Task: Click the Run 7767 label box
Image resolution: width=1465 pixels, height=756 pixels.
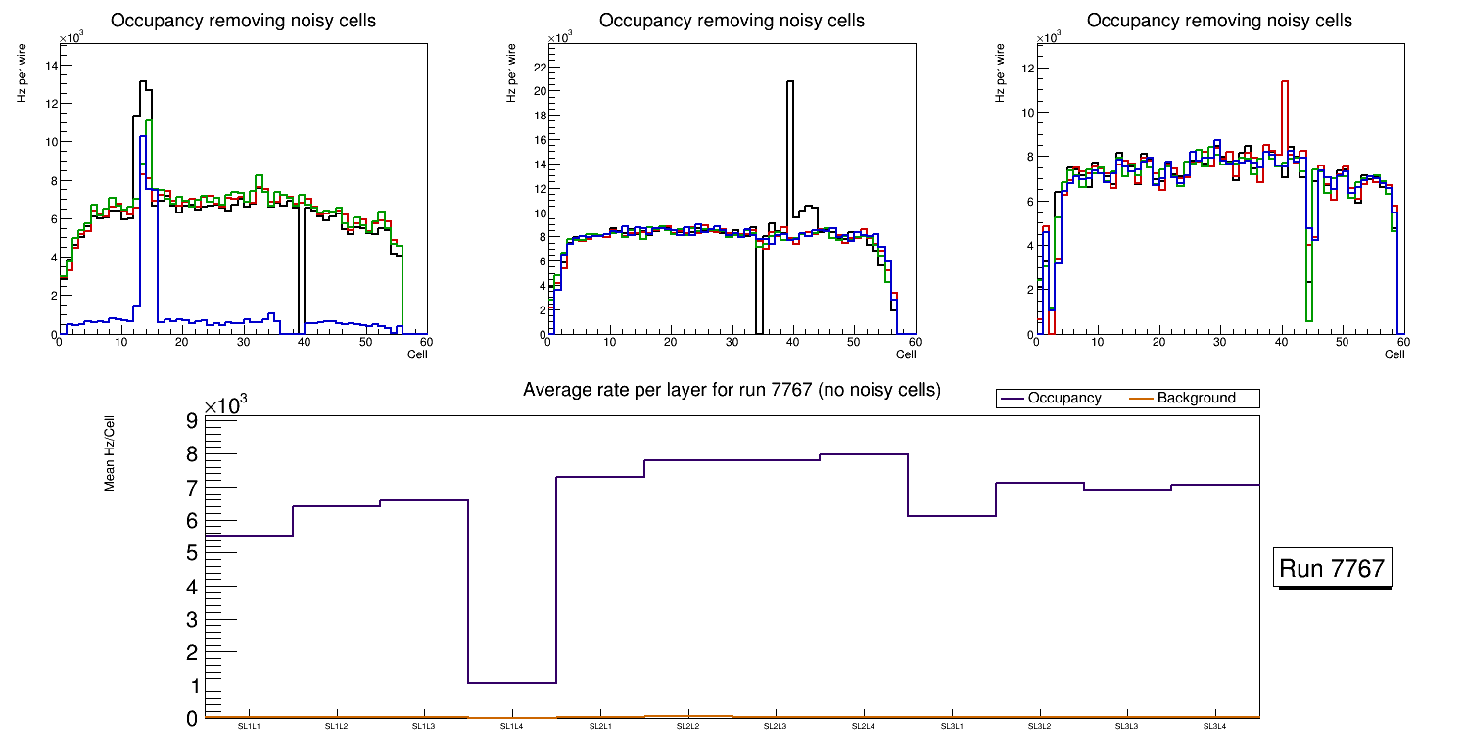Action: [1334, 569]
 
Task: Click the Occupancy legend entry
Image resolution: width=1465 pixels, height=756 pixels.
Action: [1063, 399]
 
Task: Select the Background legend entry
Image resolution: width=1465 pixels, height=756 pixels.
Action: [1196, 399]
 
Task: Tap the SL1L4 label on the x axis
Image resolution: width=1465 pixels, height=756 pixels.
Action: [512, 727]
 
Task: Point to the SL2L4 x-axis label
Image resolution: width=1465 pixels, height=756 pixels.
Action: [863, 727]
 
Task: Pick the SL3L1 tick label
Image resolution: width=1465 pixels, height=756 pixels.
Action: [951, 727]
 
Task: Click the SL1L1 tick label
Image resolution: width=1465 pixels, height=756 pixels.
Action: [249, 727]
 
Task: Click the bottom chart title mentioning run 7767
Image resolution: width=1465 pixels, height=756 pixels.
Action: [732, 390]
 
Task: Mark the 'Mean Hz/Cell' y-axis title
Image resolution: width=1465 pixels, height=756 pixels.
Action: [111, 452]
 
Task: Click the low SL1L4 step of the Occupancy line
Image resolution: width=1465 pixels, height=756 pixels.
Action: [512, 682]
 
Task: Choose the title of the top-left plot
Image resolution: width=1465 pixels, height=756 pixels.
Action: [244, 21]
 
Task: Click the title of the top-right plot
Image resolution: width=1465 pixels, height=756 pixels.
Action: [1219, 21]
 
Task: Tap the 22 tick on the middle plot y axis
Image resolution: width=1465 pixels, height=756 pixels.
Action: [537, 67]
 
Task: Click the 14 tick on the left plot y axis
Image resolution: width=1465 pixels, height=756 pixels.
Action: [51, 66]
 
